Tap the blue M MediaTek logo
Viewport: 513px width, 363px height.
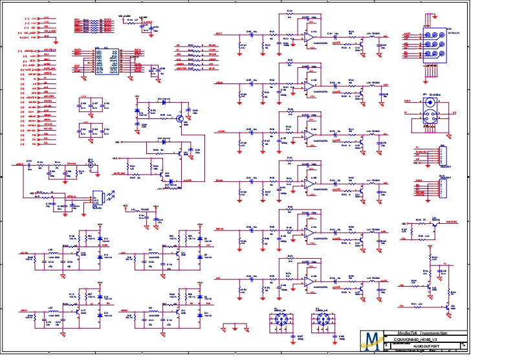(372, 341)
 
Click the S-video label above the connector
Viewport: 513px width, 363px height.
(433, 94)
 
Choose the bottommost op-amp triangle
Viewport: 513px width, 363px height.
(310, 281)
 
